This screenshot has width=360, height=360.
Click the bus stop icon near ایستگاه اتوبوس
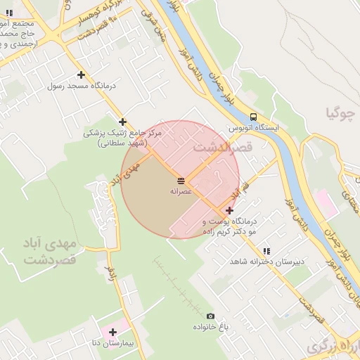point(253,117)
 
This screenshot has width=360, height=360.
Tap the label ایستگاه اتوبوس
point(254,129)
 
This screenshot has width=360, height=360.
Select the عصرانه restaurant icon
point(181,181)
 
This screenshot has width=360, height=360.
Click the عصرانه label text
point(181,191)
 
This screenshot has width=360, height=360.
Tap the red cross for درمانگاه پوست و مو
point(230,210)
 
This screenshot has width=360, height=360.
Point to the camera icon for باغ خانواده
point(210,316)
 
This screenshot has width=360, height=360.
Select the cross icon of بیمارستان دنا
point(112,332)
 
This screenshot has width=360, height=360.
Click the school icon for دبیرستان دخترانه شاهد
point(266,251)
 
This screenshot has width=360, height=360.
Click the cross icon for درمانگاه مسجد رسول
point(82,75)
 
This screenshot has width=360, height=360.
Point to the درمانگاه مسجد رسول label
point(81,86)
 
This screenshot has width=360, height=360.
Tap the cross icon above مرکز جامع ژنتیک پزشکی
point(123,122)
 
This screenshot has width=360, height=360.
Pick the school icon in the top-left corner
point(9,13)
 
